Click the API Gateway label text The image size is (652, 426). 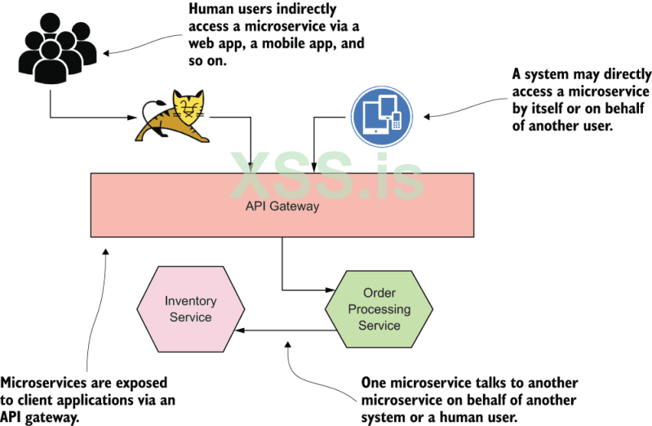[x=282, y=206]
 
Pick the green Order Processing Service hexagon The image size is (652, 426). [x=379, y=308]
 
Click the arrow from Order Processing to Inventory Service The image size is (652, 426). [x=286, y=331]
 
